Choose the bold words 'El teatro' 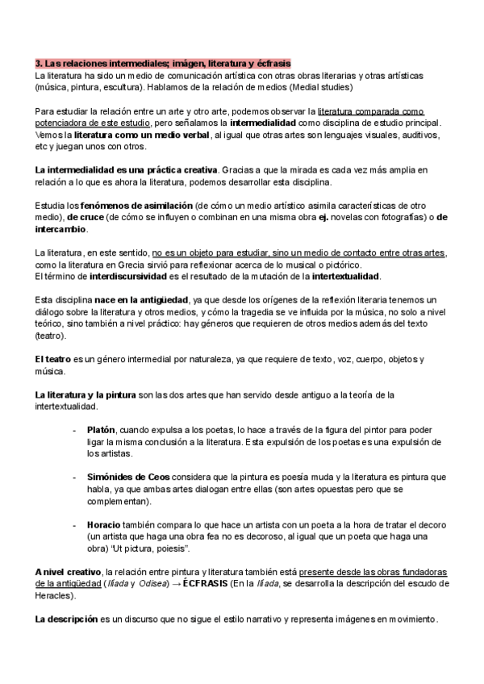click(x=53, y=359)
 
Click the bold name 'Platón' click(x=102, y=430)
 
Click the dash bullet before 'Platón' click(x=75, y=430)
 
